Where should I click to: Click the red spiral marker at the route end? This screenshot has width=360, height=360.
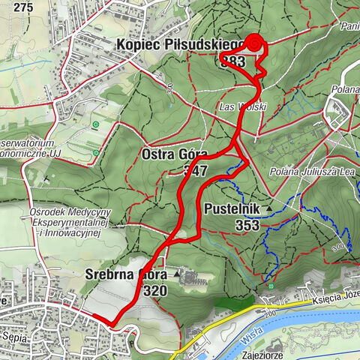tap(253, 43)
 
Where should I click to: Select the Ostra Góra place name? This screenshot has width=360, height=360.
tap(174, 155)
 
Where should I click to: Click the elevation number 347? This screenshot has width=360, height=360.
tap(194, 170)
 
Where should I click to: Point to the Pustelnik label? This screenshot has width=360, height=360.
tap(230, 209)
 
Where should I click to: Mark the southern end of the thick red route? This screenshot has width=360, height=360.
tap(112, 324)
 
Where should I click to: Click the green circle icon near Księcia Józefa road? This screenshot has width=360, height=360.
tap(269, 285)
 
